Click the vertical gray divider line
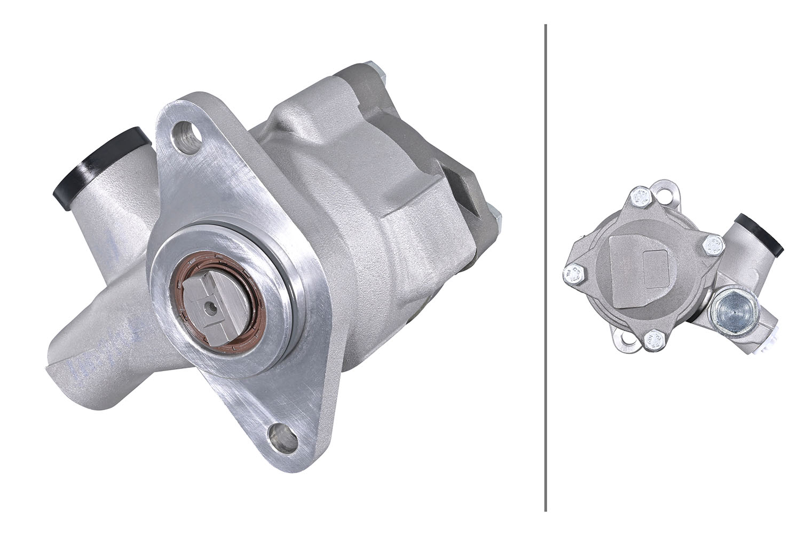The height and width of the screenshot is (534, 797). pos(545,267)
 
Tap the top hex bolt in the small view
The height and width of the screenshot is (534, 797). pos(639,198)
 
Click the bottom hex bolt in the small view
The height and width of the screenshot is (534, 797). pos(653,340)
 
